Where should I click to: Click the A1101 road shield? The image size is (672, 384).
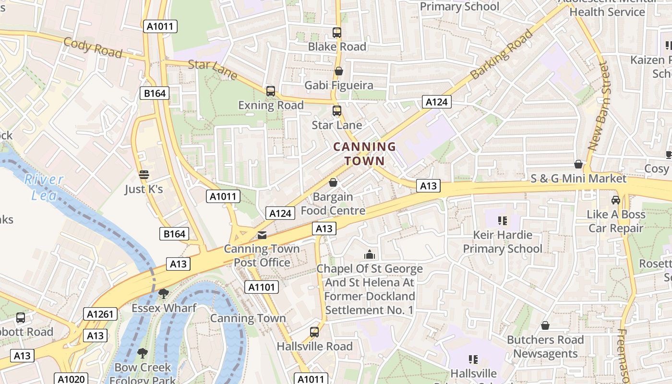262,287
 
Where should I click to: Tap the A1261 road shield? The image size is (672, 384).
100,314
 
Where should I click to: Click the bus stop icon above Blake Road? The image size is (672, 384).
337,33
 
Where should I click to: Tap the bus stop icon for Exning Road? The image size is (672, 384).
271,91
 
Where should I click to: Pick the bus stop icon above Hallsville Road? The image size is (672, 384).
314,332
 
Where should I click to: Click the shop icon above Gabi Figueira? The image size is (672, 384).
339,72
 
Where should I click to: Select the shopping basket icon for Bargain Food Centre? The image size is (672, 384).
333,183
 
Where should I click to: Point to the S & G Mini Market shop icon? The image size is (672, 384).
579,165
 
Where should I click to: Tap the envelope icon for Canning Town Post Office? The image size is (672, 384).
262,235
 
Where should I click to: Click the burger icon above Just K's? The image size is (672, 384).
144,175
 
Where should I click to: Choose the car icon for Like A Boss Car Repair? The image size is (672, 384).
616,200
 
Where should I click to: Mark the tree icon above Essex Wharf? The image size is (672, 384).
164,293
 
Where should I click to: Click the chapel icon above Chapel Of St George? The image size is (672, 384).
369,254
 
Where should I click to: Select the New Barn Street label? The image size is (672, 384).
598,106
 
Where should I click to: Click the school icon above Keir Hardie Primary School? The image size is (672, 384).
502,221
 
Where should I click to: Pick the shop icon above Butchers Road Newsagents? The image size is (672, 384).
545,326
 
